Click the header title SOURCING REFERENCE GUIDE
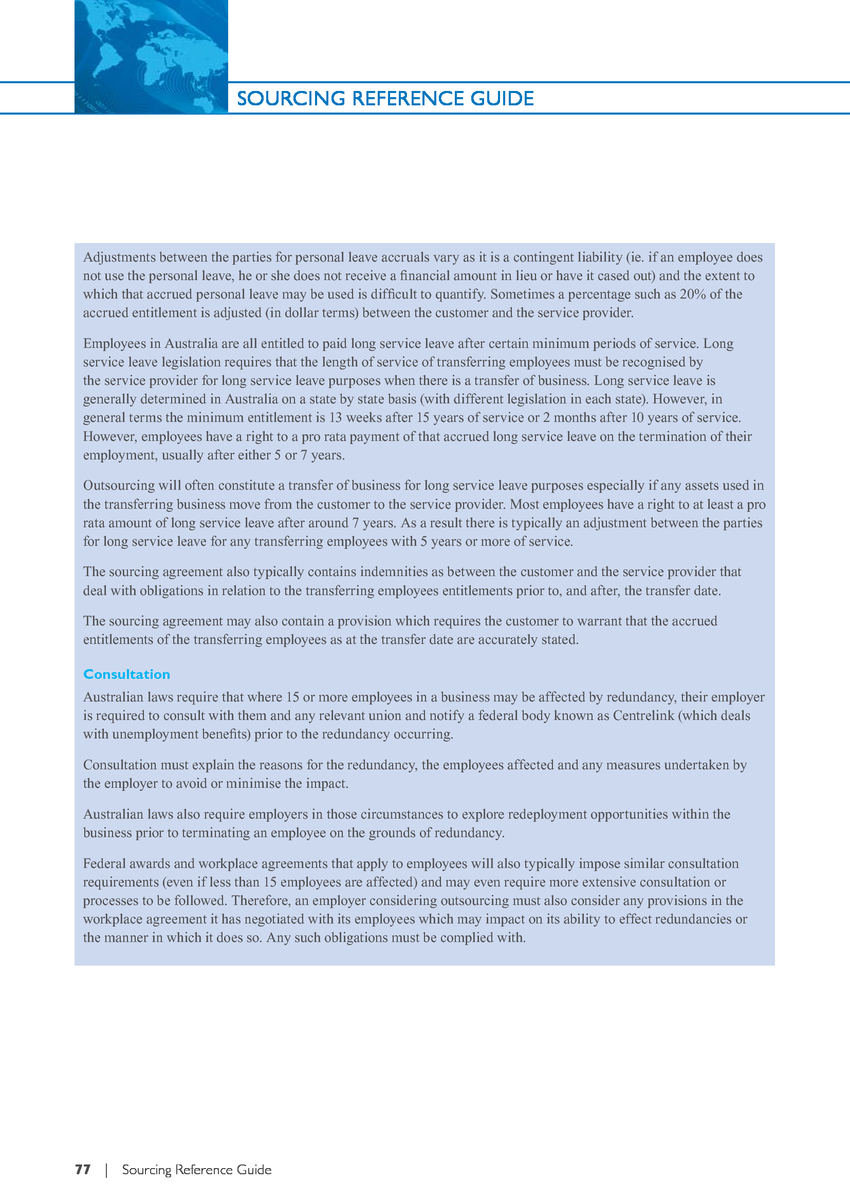click(x=385, y=99)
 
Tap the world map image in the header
click(x=151, y=57)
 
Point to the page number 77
click(x=83, y=1170)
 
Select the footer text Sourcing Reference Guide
click(x=197, y=1170)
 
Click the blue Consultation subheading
click(x=126, y=674)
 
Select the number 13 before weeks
click(x=335, y=418)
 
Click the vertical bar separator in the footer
click(x=106, y=1170)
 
